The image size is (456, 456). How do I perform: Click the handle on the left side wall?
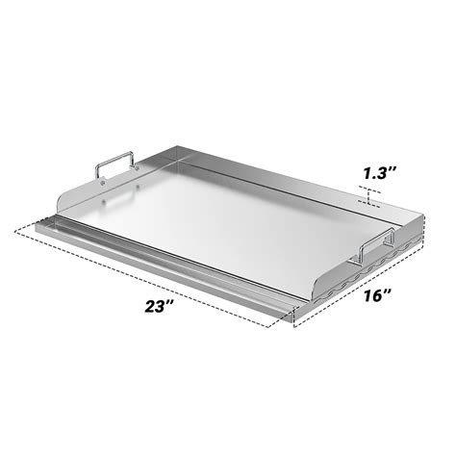114,166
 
